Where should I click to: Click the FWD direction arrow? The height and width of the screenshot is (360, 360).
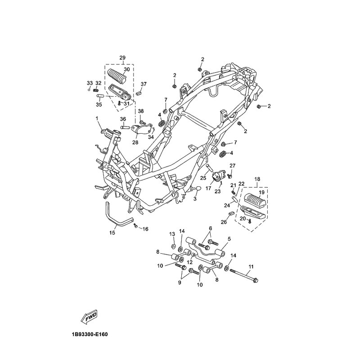[89, 318]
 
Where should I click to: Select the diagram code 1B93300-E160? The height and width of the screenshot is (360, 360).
[90, 334]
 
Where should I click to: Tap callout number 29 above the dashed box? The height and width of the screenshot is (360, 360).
[122, 58]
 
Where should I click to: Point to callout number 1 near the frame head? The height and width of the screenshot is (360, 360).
[97, 118]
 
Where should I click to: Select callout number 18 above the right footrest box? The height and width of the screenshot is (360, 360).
[257, 179]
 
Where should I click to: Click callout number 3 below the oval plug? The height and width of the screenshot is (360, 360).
[195, 199]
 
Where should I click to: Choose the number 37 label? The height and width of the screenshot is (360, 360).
[144, 84]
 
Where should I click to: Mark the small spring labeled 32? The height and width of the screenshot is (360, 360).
[95, 90]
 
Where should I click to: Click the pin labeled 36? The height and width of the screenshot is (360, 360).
[126, 127]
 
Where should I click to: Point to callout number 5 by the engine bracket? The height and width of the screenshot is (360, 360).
[229, 239]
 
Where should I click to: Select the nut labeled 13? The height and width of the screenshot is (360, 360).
[174, 246]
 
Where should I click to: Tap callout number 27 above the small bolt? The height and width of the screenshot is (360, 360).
[233, 166]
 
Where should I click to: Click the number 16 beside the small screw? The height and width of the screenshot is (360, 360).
[145, 229]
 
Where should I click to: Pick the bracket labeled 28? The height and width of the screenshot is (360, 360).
[142, 129]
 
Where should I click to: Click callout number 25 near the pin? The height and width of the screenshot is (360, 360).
[203, 178]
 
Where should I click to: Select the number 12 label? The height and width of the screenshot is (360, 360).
[189, 262]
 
